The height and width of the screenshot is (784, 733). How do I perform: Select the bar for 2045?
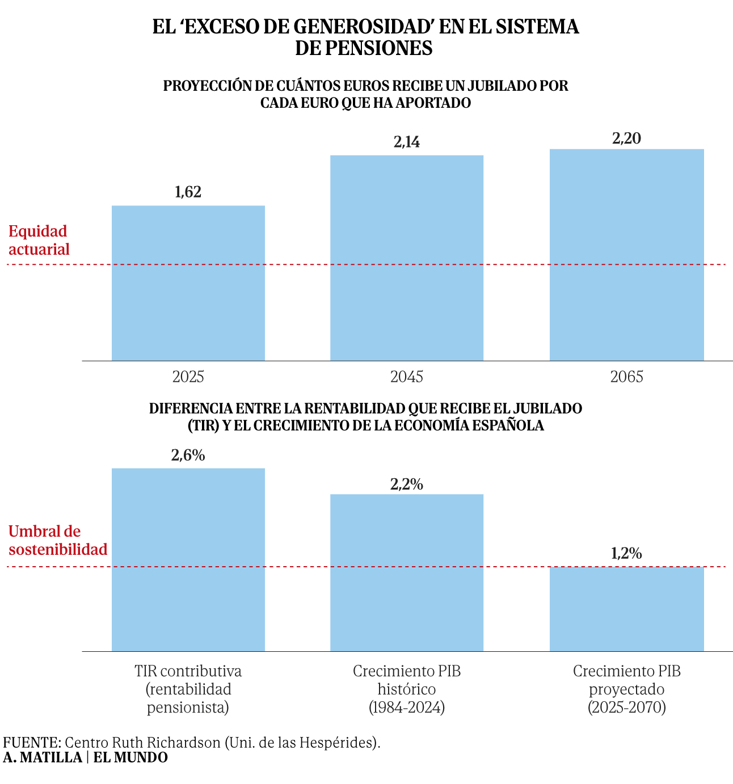coord(407,258)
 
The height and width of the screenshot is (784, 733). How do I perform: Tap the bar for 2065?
coord(626,255)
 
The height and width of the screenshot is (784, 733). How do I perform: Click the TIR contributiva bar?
coord(188,559)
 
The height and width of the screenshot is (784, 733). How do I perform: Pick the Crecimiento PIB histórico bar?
coord(407,572)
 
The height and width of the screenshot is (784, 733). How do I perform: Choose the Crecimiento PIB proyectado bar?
coord(626,609)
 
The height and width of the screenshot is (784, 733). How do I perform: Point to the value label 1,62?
coord(188,192)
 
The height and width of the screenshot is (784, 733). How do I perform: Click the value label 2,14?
coord(407,142)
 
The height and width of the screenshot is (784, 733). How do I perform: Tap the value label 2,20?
coord(626,138)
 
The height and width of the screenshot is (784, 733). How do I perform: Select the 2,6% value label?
coord(188,455)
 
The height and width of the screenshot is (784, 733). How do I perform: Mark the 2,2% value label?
coord(407,484)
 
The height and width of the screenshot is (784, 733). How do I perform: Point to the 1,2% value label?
coord(626,554)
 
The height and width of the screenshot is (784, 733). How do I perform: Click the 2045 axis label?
coord(407,377)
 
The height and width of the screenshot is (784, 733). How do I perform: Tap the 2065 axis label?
coord(626,377)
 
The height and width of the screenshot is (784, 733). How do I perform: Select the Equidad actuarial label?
coord(39,240)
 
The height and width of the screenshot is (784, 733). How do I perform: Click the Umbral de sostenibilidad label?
coord(58,540)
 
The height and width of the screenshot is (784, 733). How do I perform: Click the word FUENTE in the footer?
coord(31,743)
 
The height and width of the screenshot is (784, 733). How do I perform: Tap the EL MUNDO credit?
coord(130,757)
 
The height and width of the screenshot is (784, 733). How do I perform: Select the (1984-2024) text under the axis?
coord(407,707)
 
